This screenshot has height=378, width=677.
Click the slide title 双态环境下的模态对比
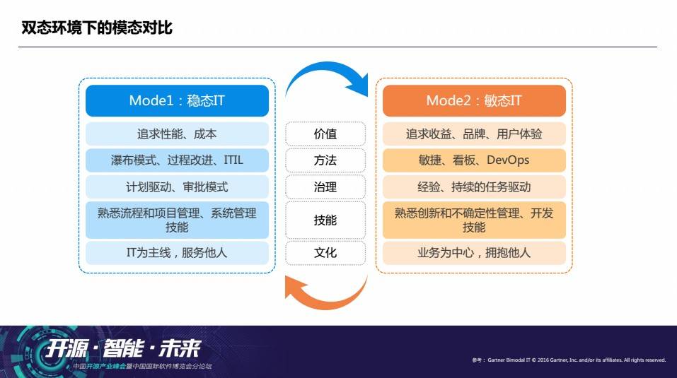coord(97,28)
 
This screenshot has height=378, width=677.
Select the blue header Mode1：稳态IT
coord(177,100)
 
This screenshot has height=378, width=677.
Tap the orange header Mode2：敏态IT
coord(474,100)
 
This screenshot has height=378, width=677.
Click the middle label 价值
coord(325,134)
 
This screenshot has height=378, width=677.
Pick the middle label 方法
coord(325,160)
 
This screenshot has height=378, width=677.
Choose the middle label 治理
coord(325,187)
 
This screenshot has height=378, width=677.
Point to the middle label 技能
coord(325,220)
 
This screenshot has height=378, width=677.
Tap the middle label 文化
coord(325,252)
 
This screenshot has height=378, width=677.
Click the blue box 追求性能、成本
coord(177,134)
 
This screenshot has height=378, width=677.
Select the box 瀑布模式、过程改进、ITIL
coord(177,160)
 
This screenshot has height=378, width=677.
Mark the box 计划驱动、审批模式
coord(177,187)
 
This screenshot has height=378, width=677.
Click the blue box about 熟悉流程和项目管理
coord(177,220)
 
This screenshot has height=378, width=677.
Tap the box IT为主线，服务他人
coord(177,252)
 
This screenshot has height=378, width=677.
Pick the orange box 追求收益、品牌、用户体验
coord(474,134)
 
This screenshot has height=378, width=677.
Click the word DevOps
coord(508,160)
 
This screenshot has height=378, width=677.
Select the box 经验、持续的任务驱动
coord(474,187)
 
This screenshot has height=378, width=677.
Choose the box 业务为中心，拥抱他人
coord(474,252)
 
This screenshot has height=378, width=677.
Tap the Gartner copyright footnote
coord(569,360)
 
